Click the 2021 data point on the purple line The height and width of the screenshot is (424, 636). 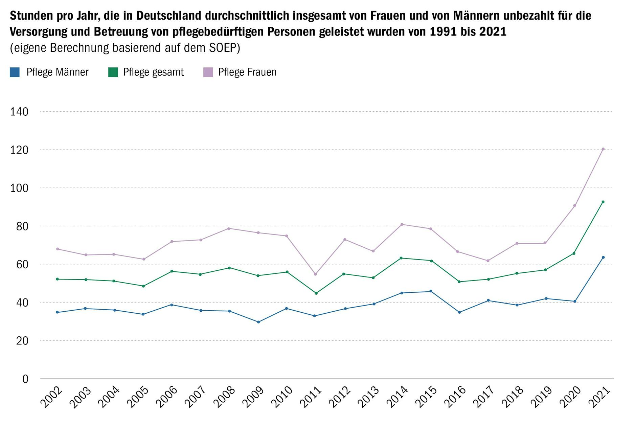tap(603, 149)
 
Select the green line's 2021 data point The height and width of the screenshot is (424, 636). tap(603, 202)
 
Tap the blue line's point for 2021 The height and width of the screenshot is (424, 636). tap(603, 258)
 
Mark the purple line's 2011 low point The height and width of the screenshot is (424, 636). tap(316, 274)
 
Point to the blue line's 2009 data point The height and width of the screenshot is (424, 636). tap(258, 322)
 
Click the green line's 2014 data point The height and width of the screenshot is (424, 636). tap(401, 258)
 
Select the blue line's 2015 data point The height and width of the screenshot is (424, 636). tap(431, 291)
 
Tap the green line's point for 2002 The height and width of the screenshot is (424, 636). tap(57, 279)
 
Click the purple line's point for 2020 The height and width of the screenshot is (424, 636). tap(574, 206)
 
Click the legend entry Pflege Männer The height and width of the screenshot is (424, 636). tap(57, 72)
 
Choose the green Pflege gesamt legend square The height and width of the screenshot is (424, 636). tap(113, 72)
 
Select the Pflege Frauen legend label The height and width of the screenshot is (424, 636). tap(247, 72)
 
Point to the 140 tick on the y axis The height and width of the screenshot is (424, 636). tap(19, 112)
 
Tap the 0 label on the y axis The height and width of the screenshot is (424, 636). tap(25, 379)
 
